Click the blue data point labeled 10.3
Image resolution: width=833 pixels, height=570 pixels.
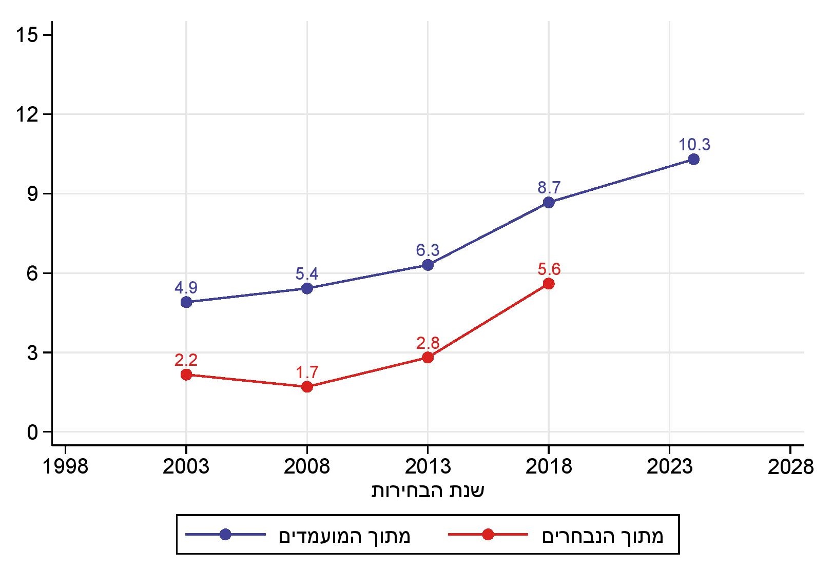click(x=693, y=160)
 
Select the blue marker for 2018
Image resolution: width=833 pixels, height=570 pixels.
click(x=549, y=202)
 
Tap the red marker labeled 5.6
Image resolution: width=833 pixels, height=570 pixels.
click(x=549, y=284)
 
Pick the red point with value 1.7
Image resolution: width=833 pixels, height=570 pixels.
click(x=307, y=387)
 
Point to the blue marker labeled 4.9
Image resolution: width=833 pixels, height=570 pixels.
click(x=186, y=302)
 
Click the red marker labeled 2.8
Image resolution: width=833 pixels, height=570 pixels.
click(x=428, y=358)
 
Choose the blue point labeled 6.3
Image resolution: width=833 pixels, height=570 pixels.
click(x=428, y=265)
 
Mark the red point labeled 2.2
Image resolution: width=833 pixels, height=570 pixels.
click(x=186, y=375)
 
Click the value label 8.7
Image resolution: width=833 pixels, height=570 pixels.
click(x=549, y=187)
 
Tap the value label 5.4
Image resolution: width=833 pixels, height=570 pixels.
click(x=307, y=273)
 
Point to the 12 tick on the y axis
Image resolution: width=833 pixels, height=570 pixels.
click(x=27, y=114)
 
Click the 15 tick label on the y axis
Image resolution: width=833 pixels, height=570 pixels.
click(x=27, y=35)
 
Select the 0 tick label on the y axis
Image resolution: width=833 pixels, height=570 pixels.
click(x=32, y=433)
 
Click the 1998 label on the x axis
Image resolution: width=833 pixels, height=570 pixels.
click(x=65, y=467)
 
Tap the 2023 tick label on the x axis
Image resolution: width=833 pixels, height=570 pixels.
click(x=669, y=467)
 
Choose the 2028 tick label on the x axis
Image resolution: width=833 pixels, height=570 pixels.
click(x=790, y=467)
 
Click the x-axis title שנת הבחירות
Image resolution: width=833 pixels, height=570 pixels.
click(x=428, y=491)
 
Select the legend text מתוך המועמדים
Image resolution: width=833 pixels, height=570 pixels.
click(x=344, y=536)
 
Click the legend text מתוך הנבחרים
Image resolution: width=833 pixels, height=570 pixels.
click(x=603, y=536)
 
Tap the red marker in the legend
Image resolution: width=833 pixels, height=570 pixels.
click(x=488, y=535)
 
